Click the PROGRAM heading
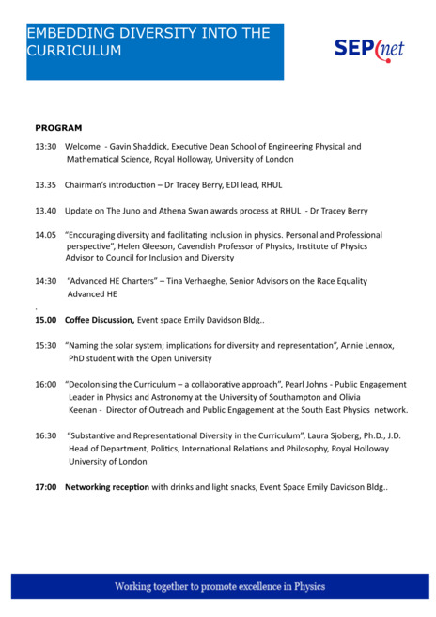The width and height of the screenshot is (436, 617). tap(58, 127)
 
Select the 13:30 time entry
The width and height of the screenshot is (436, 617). tap(46, 147)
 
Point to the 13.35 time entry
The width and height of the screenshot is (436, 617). tap(46, 185)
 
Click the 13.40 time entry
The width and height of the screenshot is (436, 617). tap(46, 211)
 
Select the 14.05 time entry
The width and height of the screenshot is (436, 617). tap(46, 235)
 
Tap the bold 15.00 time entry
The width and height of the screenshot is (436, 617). tap(46, 320)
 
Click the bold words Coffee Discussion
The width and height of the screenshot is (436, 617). tap(99, 320)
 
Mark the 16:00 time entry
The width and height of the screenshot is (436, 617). tap(46, 384)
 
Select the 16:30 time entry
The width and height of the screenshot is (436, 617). tap(46, 435)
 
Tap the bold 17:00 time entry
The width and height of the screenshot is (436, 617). tap(46, 487)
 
